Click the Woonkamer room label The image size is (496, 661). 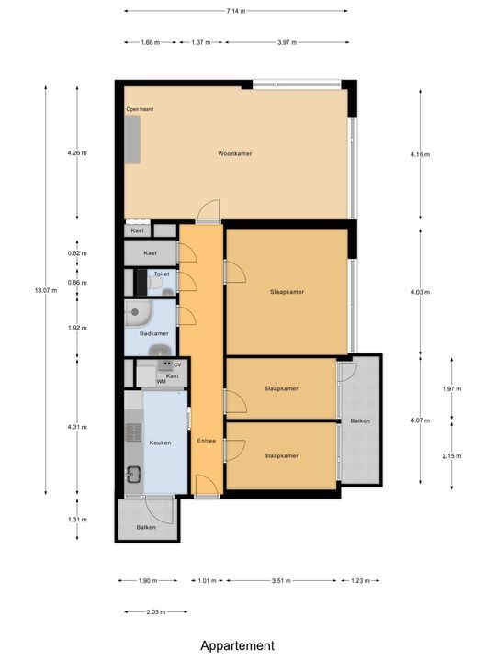234,153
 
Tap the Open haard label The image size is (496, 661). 140,109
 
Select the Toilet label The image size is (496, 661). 162,274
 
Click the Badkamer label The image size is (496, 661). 153,333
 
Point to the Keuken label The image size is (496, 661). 161,443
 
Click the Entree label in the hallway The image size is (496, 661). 207,442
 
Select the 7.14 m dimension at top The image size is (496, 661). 235,12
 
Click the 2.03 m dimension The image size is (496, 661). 154,611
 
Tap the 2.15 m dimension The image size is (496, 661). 451,456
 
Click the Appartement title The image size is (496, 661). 238,645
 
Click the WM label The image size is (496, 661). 161,381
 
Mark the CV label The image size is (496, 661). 177,364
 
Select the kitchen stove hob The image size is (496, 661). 132,430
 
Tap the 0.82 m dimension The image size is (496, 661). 77,253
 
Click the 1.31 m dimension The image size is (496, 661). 77,520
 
